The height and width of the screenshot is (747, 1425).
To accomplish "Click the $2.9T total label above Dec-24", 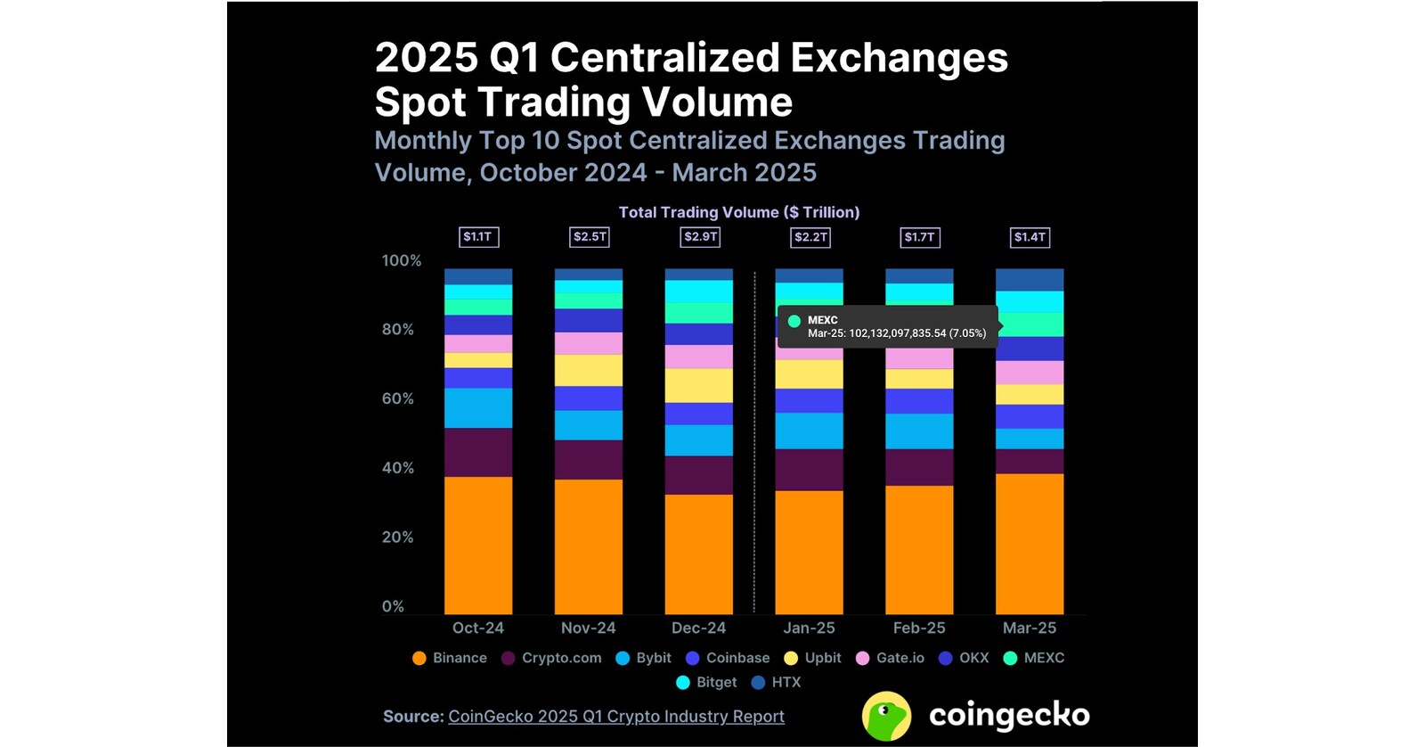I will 700,237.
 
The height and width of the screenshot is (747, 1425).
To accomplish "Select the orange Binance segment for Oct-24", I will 478,545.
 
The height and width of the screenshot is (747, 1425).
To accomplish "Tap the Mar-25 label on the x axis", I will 1029,628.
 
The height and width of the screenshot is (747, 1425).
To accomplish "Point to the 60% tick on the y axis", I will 397,398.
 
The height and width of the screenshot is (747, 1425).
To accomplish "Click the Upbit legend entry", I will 812,658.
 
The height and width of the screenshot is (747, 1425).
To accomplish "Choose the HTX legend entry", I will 777,682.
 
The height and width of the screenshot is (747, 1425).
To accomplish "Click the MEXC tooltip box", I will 887,326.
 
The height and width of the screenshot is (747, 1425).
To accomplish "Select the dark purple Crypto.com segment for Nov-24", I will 589,460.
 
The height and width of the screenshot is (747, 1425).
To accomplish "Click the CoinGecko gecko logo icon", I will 886,716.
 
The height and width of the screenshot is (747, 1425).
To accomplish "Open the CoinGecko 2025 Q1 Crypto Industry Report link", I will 615,717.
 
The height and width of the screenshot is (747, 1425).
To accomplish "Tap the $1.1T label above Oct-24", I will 478,237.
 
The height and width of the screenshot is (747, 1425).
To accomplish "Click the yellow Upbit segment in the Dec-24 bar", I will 699,385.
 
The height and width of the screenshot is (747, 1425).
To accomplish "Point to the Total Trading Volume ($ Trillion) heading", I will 739,212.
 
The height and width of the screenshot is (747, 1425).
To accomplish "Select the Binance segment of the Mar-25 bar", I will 1029,543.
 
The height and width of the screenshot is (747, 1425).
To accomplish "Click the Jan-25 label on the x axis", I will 809,628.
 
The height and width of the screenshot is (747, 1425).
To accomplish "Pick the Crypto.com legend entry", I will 551,658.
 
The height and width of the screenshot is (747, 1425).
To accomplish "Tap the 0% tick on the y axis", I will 393,606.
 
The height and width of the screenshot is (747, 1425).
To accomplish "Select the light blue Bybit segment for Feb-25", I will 919,431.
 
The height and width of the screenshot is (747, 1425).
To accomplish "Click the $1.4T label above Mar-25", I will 1030,237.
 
